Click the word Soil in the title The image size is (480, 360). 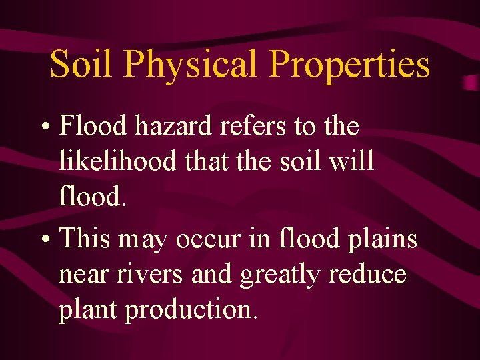(x=81, y=65)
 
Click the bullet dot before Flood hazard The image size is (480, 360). (x=49, y=127)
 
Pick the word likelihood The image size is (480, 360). (x=117, y=161)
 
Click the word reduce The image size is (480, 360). (x=371, y=275)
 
